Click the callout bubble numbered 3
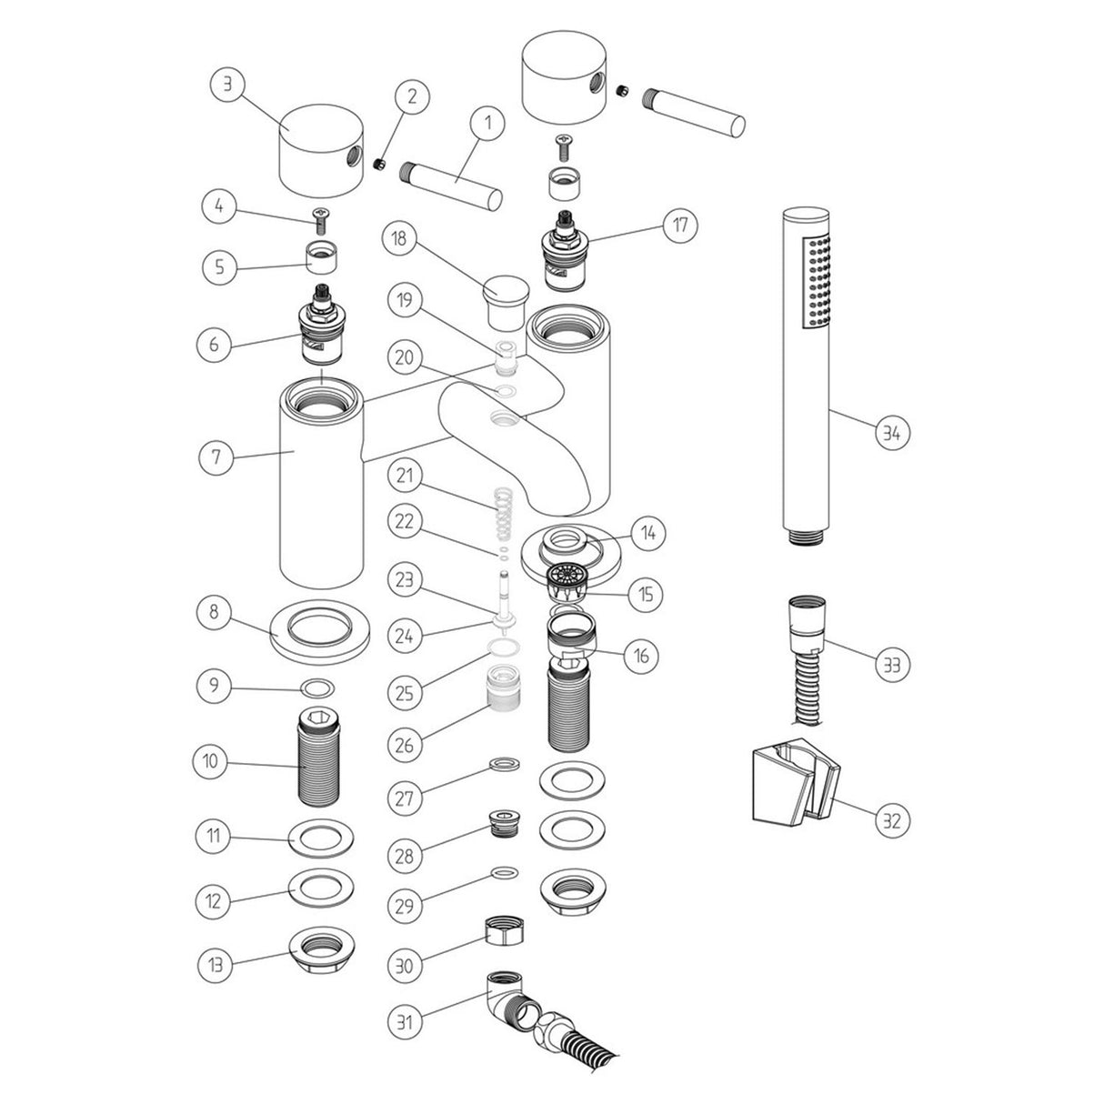pyautogui.click(x=227, y=86)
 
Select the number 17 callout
pyautogui.click(x=680, y=225)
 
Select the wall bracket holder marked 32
pyautogui.click(x=788, y=783)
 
